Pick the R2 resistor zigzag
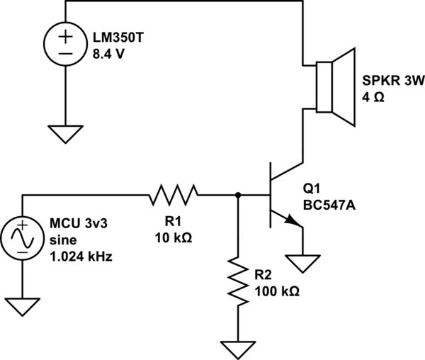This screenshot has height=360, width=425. (x=237, y=282)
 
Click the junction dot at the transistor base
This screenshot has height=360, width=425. (x=237, y=194)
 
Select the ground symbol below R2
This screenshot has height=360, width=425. (x=237, y=349)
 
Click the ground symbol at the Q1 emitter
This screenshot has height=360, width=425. (x=304, y=264)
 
